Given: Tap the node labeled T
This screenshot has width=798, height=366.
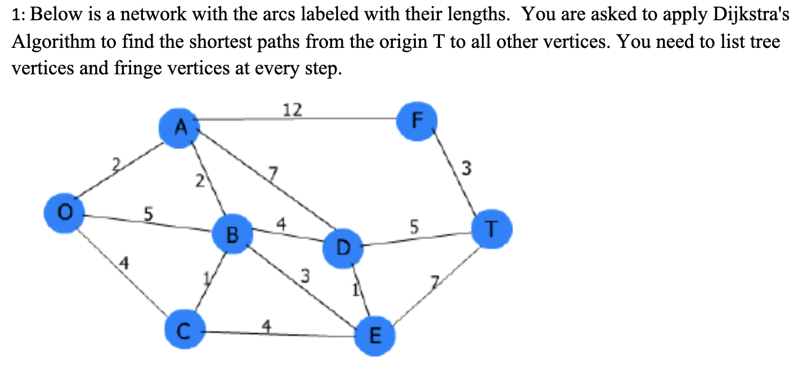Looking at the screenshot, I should point(491,229).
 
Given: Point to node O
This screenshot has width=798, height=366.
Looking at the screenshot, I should point(65,213).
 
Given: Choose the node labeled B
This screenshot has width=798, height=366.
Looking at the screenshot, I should point(232,234).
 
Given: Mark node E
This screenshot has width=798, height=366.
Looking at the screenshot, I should point(375,336).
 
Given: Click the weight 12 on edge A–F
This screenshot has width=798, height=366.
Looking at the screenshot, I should point(292,110).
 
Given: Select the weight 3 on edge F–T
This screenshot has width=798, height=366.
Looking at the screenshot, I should point(465,168).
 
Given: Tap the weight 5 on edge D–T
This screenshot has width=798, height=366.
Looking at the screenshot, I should point(414,227).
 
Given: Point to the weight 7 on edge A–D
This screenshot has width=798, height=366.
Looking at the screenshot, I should point(274,173).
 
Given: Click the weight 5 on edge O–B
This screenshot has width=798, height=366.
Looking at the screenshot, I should point(147,214).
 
